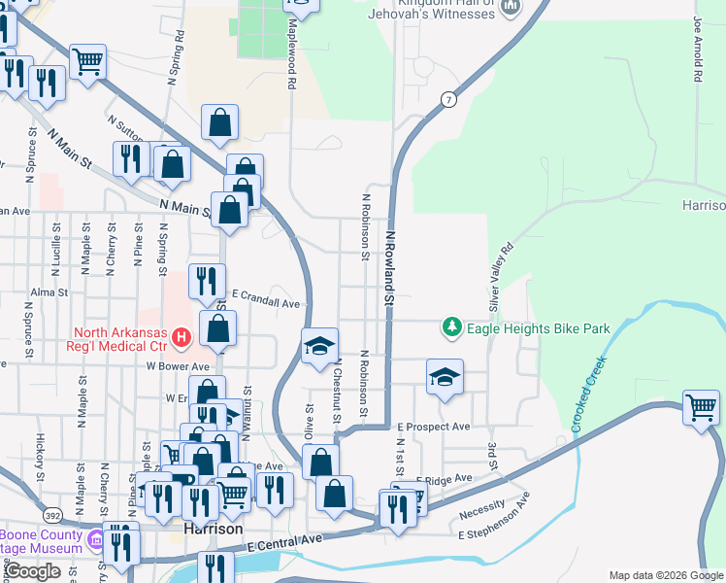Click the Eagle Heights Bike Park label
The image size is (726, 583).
click(539, 328)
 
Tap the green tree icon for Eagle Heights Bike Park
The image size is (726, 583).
click(451, 327)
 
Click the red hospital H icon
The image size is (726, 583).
click(181, 338)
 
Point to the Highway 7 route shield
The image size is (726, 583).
click(447, 100)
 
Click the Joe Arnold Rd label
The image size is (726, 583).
click(697, 49)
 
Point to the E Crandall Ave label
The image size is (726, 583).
click(266, 302)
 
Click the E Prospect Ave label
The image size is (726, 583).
click(433, 427)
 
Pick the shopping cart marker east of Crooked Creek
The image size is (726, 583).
click(701, 407)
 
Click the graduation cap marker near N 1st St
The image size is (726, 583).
click(445, 377)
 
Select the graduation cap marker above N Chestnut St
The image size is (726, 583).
click(319, 346)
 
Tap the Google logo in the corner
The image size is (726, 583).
click(34, 571)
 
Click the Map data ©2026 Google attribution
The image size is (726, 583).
click(666, 575)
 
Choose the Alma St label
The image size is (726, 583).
click(49, 291)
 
